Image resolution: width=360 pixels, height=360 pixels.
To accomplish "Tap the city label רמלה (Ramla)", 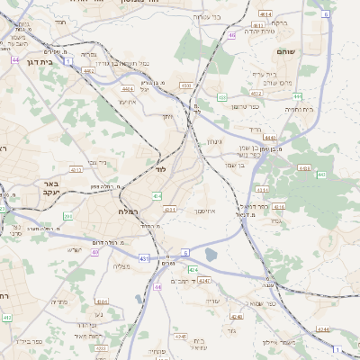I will pyautogui.click(x=125, y=211).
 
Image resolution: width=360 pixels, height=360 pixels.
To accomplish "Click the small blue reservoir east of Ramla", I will pyautogui.click(x=211, y=255).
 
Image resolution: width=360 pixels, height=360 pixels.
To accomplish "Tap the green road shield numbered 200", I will pyautogui.click(x=67, y=216).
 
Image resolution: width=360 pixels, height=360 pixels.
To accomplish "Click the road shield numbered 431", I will pyautogui.click(x=143, y=258).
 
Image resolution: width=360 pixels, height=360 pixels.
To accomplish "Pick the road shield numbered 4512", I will pyautogui.click(x=256, y=93).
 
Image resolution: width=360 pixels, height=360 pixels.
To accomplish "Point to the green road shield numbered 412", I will pyautogui.click(x=7, y=318).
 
